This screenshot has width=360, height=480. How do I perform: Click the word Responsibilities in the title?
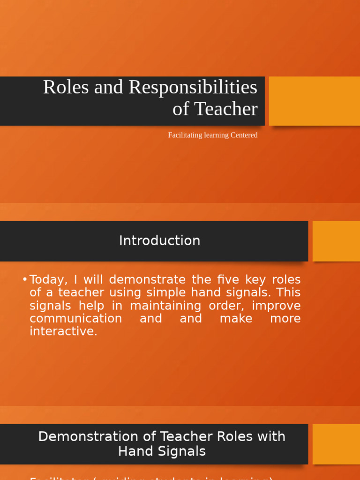click(x=193, y=87)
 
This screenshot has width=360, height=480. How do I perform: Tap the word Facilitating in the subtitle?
click(x=185, y=135)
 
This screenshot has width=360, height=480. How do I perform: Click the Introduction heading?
click(x=159, y=240)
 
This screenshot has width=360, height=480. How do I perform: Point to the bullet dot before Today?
click(x=24, y=280)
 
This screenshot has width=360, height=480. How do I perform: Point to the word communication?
click(x=75, y=319)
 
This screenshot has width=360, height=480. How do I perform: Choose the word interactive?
click(x=63, y=331)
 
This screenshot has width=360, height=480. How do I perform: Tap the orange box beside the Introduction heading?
click(x=336, y=241)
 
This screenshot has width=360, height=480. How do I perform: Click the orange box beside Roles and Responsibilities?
click(x=314, y=101)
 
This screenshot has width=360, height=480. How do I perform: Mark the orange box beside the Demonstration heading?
click(x=336, y=444)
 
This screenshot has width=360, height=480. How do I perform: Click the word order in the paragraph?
click(x=231, y=306)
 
